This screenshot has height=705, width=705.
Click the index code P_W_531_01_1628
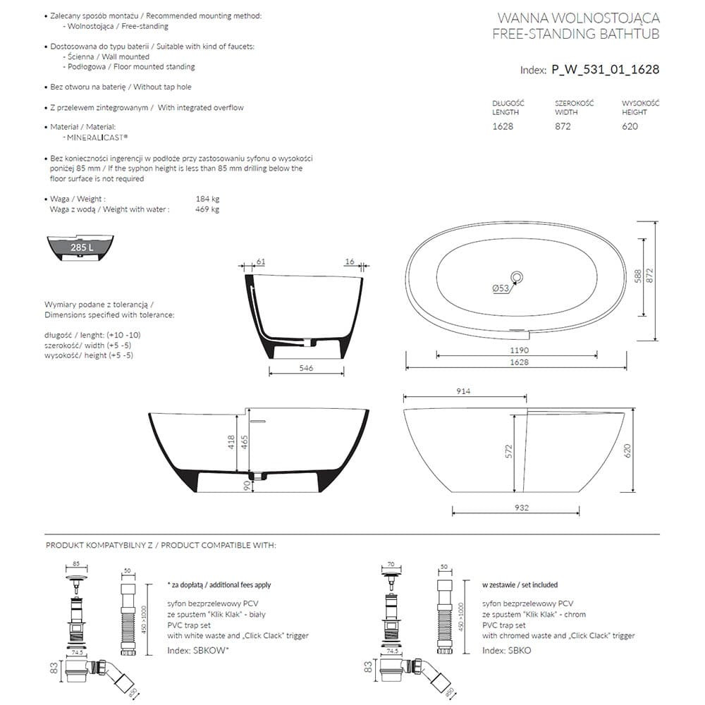coord(605,70)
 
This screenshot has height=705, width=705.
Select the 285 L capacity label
coord(81,247)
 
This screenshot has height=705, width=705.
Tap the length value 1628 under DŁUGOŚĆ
coord(503,126)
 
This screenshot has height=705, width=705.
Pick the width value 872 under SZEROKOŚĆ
coord(563,126)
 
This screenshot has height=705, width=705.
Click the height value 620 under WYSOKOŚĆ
coord(630,126)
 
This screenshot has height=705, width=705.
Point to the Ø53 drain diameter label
coord(501,288)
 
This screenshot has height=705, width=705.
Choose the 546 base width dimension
coord(306,368)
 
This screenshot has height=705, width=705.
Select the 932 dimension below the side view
coord(522,508)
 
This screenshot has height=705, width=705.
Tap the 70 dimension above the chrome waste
coord(390,565)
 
